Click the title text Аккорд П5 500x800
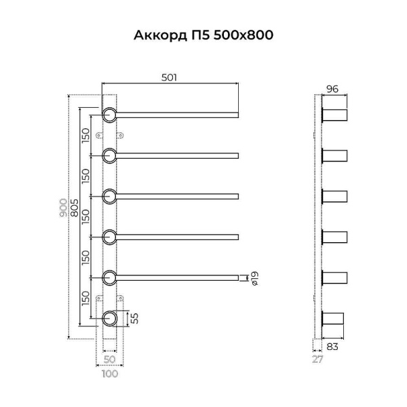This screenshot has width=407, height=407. point(203,35)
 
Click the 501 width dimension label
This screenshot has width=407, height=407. point(169,77)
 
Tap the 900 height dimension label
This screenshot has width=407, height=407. point(63,206)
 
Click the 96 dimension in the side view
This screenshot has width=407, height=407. point(332,89)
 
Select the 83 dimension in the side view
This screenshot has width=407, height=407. point(332,347)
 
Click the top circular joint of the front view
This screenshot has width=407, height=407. point(109,115)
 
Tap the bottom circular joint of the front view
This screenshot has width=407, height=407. point(109,317)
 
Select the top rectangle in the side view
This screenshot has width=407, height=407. point(334,115)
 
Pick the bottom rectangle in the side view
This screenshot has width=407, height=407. point(334,319)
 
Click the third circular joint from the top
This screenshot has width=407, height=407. point(109,197)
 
